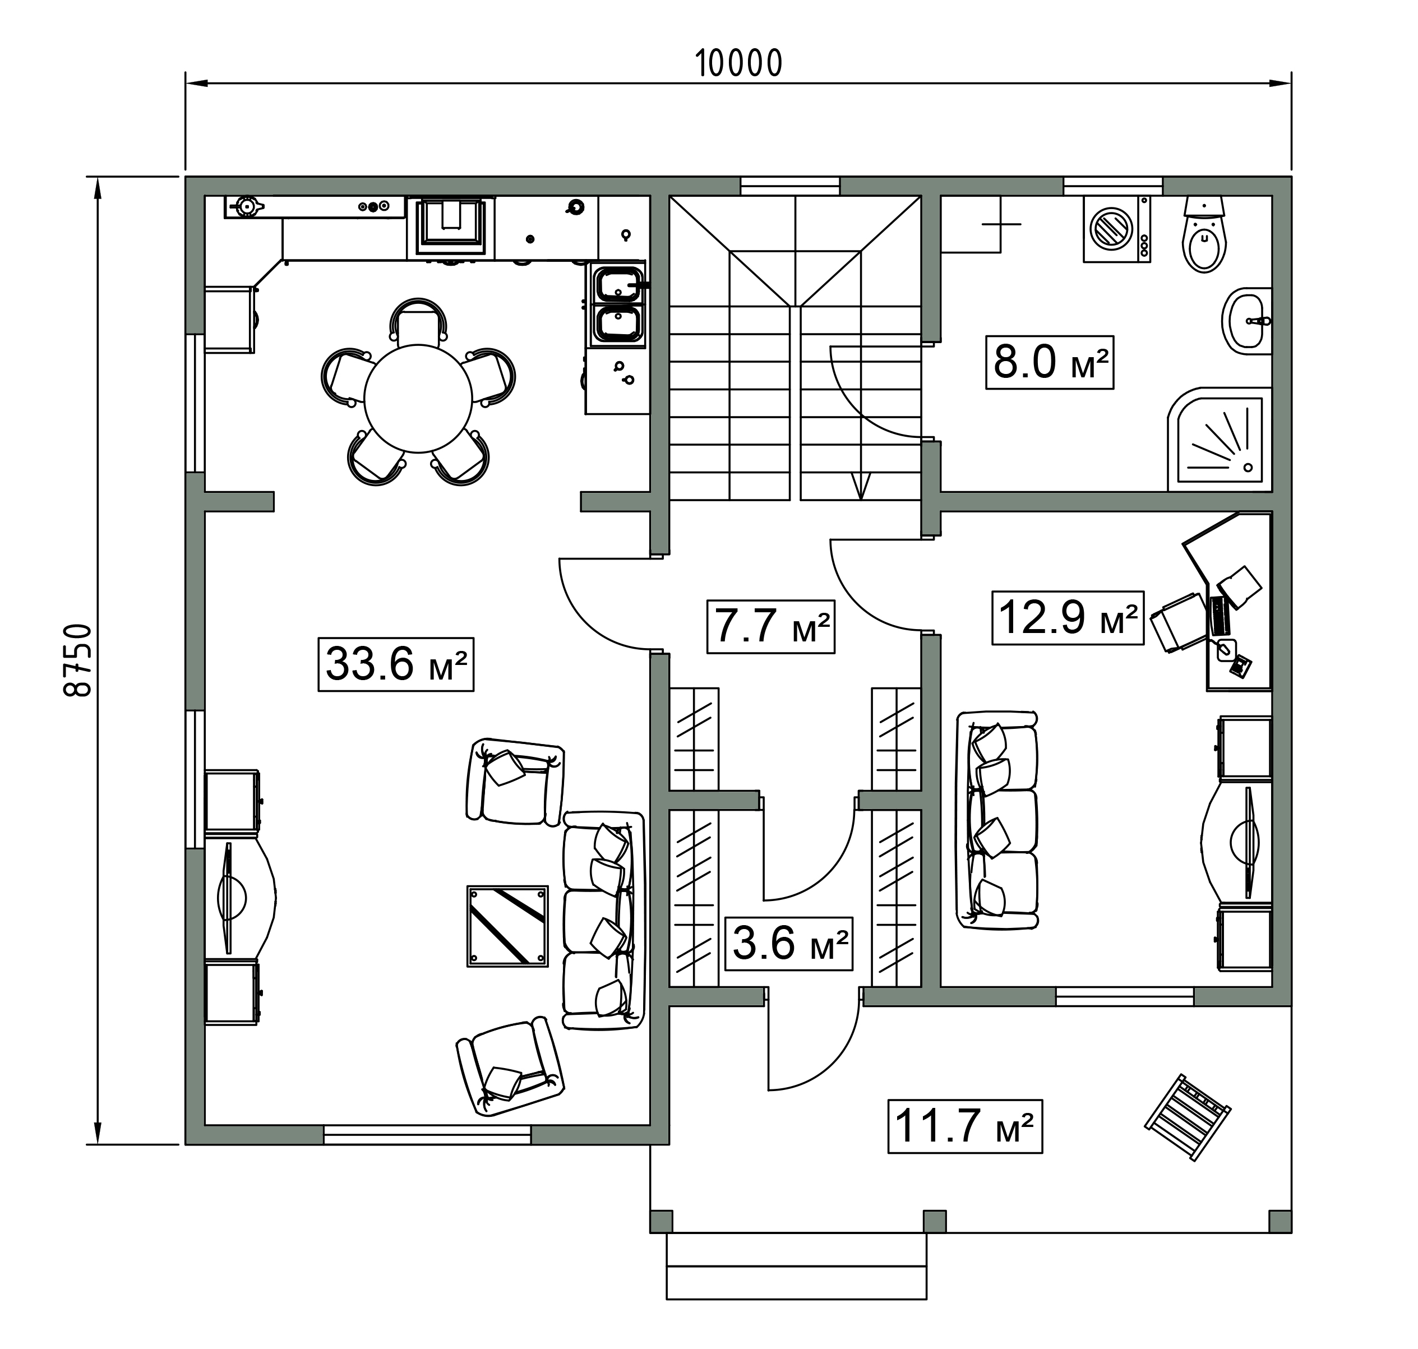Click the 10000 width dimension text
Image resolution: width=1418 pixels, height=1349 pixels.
738,63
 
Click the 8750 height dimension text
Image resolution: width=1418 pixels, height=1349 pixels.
78,659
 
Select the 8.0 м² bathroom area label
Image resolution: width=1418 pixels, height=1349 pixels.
1050,362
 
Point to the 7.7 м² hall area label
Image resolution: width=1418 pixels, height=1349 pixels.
771,626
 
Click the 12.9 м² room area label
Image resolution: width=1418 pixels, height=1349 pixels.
1068,618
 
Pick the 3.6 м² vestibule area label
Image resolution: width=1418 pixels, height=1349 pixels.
789,944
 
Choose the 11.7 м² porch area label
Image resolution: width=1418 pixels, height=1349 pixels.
965,1126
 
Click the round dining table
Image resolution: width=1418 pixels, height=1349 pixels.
418,399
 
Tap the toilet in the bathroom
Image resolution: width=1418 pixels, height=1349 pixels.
1204,234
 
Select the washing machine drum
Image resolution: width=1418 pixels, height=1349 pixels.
1112,228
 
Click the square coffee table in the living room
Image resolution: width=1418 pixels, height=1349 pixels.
507,926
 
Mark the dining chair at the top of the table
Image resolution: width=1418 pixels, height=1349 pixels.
418,321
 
